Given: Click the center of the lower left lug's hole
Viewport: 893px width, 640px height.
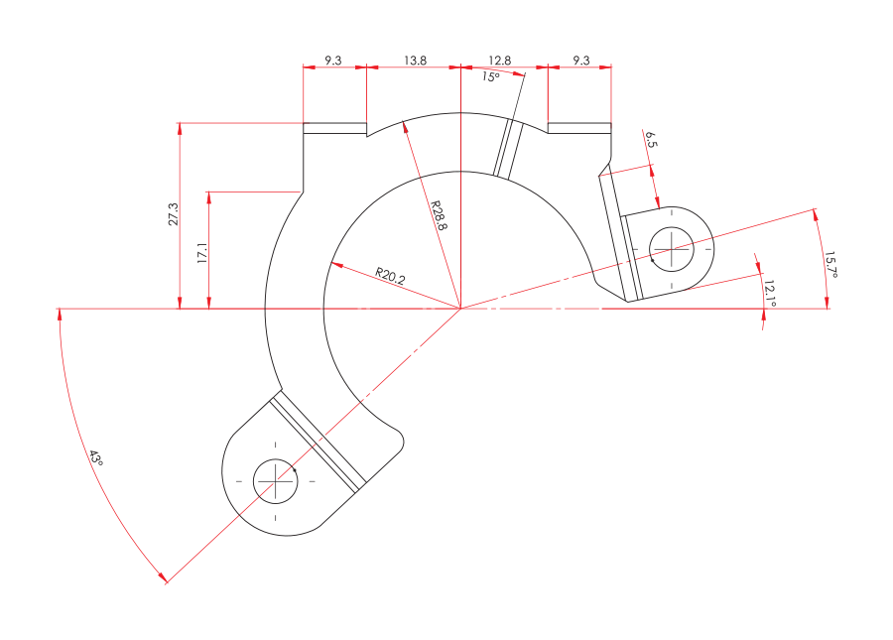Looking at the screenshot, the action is click(x=276, y=481).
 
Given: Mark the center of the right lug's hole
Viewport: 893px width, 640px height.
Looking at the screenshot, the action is click(x=672, y=249).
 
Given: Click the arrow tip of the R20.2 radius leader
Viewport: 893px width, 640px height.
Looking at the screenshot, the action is click(x=330, y=263).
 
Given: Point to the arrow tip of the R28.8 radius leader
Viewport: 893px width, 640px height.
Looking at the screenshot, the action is click(x=403, y=122).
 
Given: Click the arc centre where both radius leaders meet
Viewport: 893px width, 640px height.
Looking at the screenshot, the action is click(x=460, y=309).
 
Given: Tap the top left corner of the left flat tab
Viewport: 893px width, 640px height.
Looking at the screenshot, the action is click(x=303, y=123).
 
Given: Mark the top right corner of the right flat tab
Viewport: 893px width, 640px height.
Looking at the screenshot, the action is click(x=611, y=123).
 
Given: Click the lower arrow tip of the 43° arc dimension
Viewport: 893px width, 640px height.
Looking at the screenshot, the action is click(x=167, y=582).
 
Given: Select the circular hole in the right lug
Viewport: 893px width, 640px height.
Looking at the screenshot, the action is click(x=672, y=249).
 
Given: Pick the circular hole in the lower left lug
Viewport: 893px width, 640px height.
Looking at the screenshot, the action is click(x=276, y=481).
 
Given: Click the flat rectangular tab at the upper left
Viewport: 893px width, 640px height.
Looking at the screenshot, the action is click(x=335, y=128).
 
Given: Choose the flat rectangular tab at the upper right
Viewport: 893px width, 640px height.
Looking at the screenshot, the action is click(x=579, y=128).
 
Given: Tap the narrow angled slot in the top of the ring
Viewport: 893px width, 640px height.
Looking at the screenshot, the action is click(x=508, y=149).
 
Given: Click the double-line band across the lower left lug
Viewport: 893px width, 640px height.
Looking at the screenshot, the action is click(x=318, y=443).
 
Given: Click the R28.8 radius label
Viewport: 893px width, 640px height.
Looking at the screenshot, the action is click(x=440, y=215).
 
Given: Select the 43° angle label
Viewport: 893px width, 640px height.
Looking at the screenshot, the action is click(x=95, y=457).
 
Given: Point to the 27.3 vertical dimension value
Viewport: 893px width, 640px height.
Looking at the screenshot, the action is click(x=173, y=214).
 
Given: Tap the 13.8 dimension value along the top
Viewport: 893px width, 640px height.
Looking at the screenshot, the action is click(x=415, y=61).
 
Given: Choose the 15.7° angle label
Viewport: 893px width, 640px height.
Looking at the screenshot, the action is click(x=830, y=264).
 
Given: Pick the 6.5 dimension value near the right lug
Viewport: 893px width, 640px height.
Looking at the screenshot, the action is click(x=651, y=140).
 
